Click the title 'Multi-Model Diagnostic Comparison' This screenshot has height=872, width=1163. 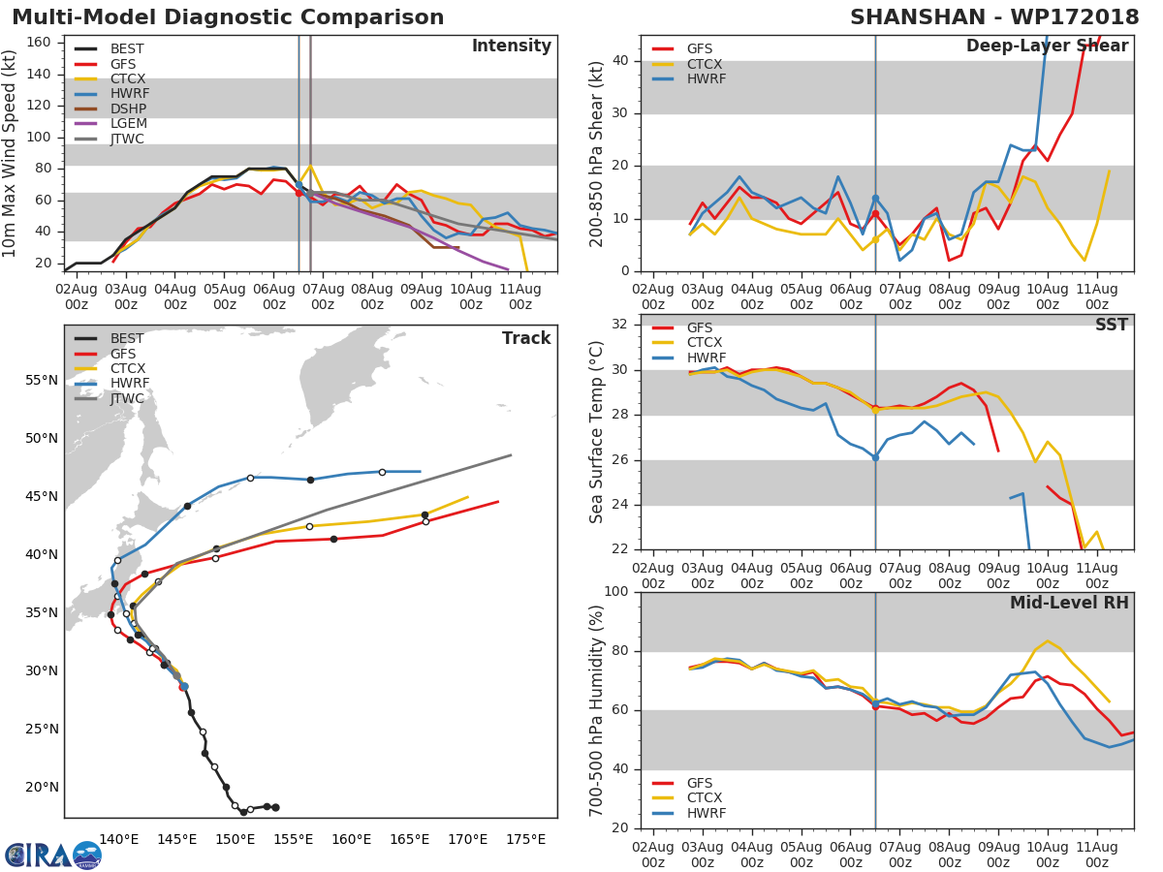pyautogui.click(x=228, y=17)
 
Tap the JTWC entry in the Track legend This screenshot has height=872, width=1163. pyautogui.click(x=127, y=399)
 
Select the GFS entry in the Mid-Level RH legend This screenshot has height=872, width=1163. pyautogui.click(x=705, y=783)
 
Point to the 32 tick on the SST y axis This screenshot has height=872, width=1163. pyautogui.click(x=621, y=325)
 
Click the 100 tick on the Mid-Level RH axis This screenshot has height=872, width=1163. pyautogui.click(x=617, y=592)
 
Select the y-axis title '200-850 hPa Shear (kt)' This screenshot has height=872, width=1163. pyautogui.click(x=597, y=154)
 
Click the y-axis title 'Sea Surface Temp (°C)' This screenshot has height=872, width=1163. pyautogui.click(x=597, y=432)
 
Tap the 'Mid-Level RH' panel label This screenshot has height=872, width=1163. pyautogui.click(x=1069, y=604)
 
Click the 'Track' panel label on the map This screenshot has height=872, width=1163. pyautogui.click(x=526, y=339)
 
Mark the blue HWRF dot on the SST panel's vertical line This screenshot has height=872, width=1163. pyautogui.click(x=875, y=457)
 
